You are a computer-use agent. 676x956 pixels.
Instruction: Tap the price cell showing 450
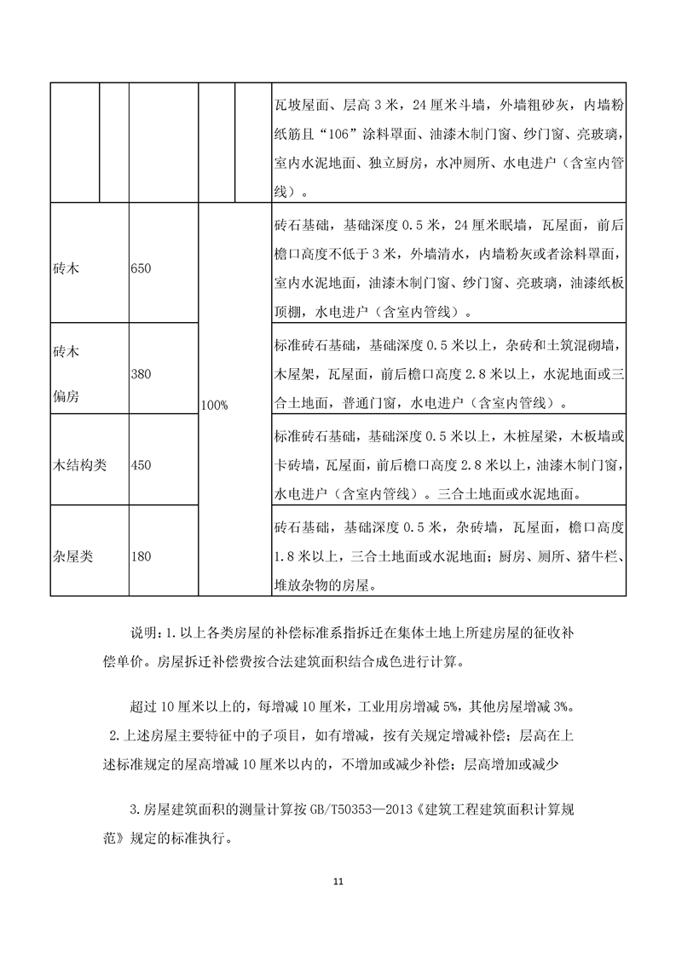click(142, 465)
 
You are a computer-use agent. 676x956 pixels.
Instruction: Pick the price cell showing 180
click(142, 557)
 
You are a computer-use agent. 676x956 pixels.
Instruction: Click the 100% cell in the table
click(214, 406)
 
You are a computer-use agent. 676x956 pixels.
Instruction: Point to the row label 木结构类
click(79, 465)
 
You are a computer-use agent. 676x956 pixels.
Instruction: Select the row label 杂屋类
click(72, 557)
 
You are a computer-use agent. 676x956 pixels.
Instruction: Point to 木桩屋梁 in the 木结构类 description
click(540, 437)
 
